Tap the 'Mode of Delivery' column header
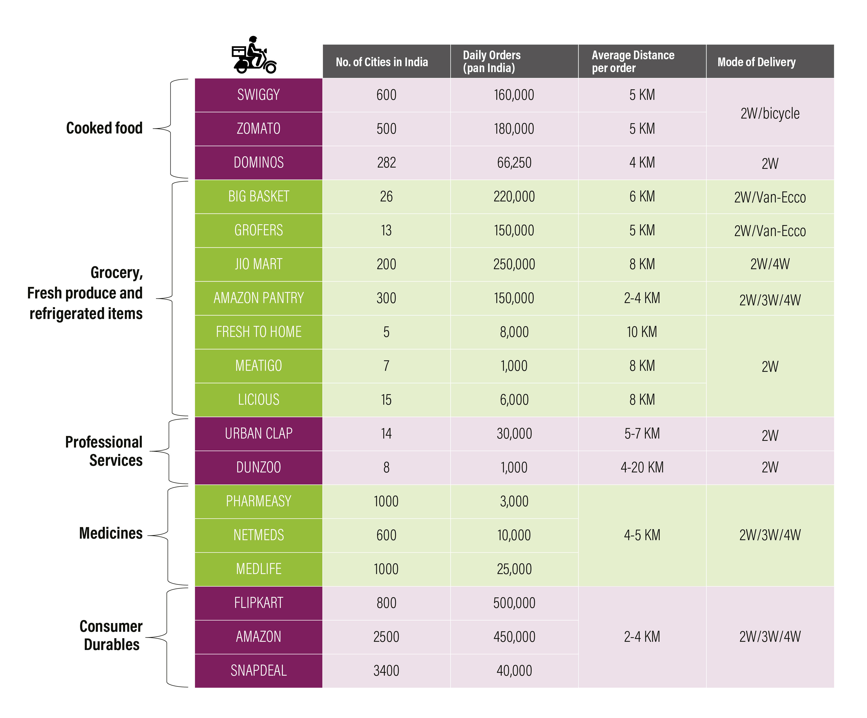[756, 62]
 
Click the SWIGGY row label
[258, 95]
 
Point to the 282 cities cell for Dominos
[386, 162]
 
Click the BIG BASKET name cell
[258, 196]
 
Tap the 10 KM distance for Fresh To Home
[642, 332]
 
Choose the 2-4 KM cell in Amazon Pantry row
[642, 298]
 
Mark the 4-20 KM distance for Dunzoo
[642, 467]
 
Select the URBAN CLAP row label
[258, 433]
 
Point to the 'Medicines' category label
[111, 533]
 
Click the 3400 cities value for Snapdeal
[386, 671]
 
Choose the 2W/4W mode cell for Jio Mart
[770, 264]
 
